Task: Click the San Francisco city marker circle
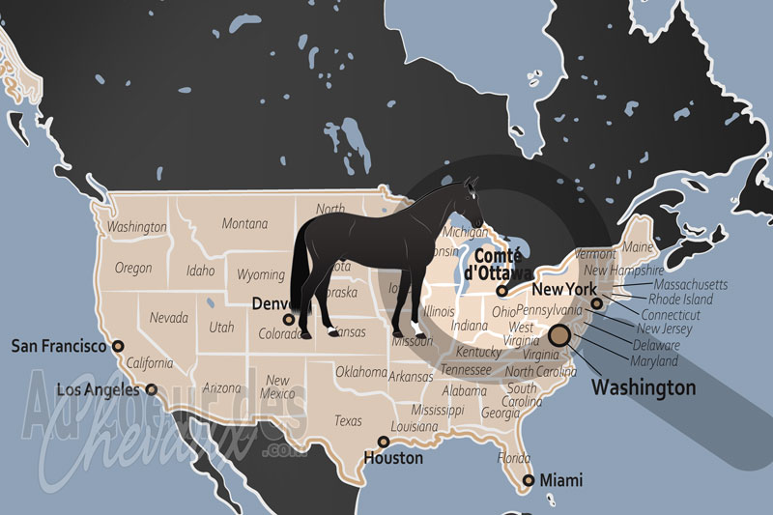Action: pyautogui.click(x=118, y=345)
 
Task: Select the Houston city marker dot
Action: pyautogui.click(x=384, y=442)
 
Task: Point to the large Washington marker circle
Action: pyautogui.click(x=559, y=335)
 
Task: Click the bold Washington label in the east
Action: pyautogui.click(x=644, y=387)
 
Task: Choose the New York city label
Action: pyautogui.click(x=565, y=289)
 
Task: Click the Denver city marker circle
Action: pyautogui.click(x=288, y=319)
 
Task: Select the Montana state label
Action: pyautogui.click(x=244, y=223)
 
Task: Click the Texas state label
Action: pyautogui.click(x=348, y=420)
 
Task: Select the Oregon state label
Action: pyautogui.click(x=133, y=268)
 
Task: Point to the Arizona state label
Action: pyautogui.click(x=222, y=387)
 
